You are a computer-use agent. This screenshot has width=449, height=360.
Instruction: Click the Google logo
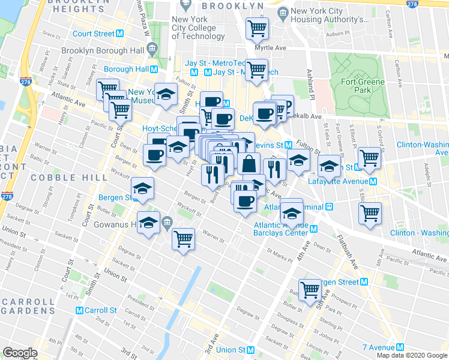coord(20,353)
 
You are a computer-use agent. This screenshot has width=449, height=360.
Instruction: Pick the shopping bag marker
coord(249,163)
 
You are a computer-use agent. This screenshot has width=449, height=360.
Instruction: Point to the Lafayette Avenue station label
coord(338,181)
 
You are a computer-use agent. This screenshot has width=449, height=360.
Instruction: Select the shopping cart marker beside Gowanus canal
coord(183,239)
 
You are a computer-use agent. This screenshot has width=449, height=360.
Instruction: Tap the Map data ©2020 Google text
coord(411,355)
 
